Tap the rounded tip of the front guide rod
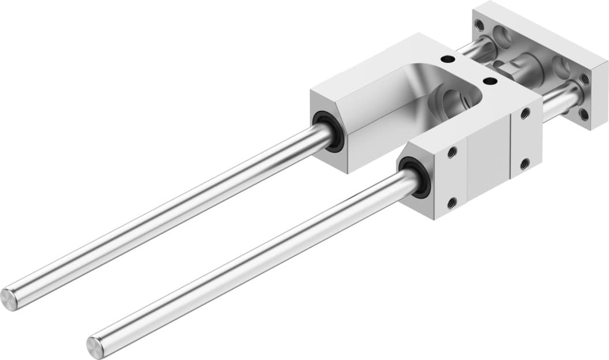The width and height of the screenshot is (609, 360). point(95,347)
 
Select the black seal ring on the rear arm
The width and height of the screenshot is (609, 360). point(330,132)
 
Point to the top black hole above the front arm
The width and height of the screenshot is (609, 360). point(490,81)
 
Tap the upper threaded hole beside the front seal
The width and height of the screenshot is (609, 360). point(452,152)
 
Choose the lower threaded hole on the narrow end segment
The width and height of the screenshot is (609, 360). point(524,164)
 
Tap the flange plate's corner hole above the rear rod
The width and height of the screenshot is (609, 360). point(480,27)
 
